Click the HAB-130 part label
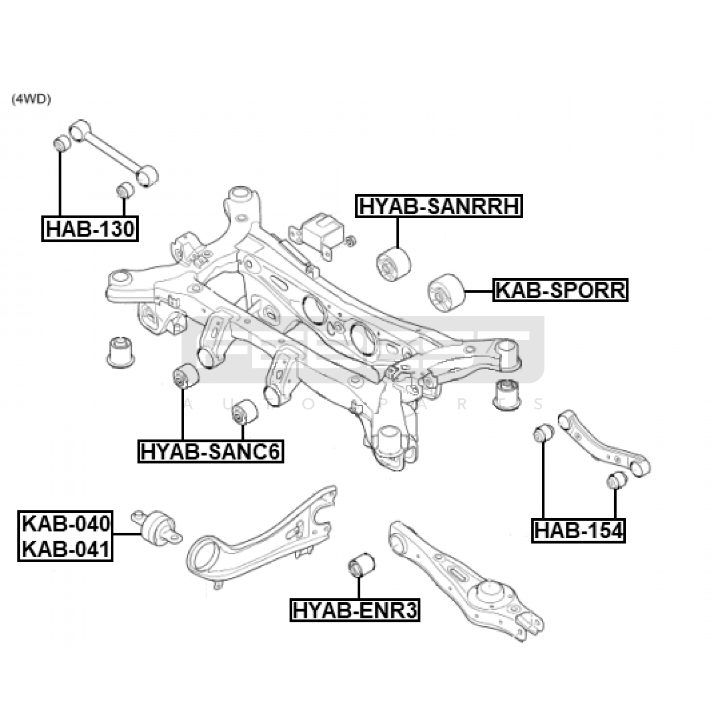pos(90,229)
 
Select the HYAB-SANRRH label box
pos(439,206)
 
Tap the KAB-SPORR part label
pos(560,290)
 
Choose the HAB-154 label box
pos(579,530)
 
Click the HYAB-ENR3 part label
pos(355,609)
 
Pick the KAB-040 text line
pos(66,524)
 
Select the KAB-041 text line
pos(66,549)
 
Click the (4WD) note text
pos(31,100)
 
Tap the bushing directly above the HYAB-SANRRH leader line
pos(394,264)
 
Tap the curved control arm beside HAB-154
pos(604,442)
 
